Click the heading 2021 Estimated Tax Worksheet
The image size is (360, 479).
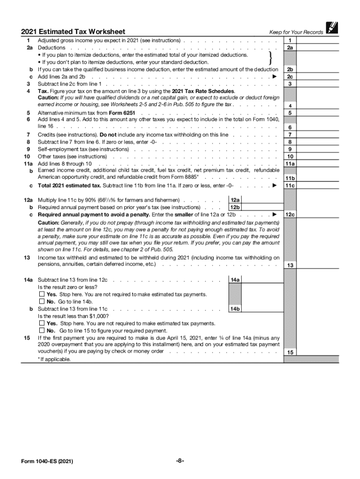tap(73, 32)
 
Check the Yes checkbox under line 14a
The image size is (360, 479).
tap(42, 295)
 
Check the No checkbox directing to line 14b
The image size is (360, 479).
tap(42, 302)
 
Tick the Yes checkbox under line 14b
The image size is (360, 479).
tap(42, 323)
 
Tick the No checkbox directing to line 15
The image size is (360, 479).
tap(42, 331)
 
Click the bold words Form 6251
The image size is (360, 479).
tap(108, 113)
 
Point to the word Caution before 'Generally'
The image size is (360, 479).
tap(49, 223)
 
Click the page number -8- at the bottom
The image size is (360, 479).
tap(180, 461)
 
